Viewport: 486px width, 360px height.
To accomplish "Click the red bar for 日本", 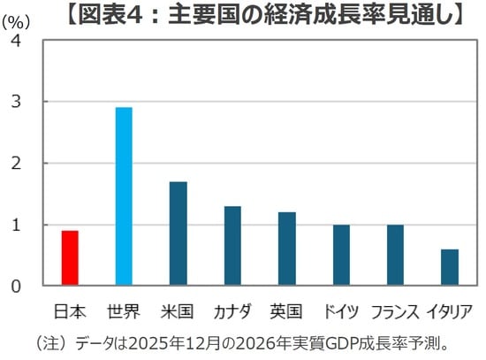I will [x=70, y=258].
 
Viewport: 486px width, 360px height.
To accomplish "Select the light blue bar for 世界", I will [x=124, y=197].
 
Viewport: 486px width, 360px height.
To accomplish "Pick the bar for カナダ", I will [x=232, y=246].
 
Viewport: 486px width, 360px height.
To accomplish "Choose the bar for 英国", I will [x=286, y=249].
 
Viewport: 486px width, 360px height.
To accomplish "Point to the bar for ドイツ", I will [x=341, y=255].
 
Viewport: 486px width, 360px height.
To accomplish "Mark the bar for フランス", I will [x=395, y=255].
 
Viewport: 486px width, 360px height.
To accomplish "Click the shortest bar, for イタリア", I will [x=450, y=267].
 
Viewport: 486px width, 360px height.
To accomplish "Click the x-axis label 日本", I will [x=70, y=310].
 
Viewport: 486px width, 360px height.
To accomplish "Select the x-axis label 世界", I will [x=124, y=310].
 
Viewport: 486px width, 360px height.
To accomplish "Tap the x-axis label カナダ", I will [x=232, y=310].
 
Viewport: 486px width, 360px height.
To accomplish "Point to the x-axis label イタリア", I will [x=450, y=310].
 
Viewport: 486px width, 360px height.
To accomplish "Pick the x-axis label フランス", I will [x=395, y=310].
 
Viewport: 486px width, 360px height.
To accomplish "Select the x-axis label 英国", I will [x=286, y=310].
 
